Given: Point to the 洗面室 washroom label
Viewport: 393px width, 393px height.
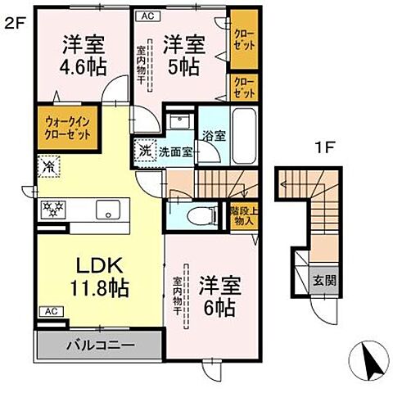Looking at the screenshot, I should tap(175, 151).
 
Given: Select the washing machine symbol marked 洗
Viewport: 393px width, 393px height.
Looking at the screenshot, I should tap(145, 151).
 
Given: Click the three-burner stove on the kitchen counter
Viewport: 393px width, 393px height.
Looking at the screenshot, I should tap(53, 209).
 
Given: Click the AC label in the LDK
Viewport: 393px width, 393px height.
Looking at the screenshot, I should tap(51, 311).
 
